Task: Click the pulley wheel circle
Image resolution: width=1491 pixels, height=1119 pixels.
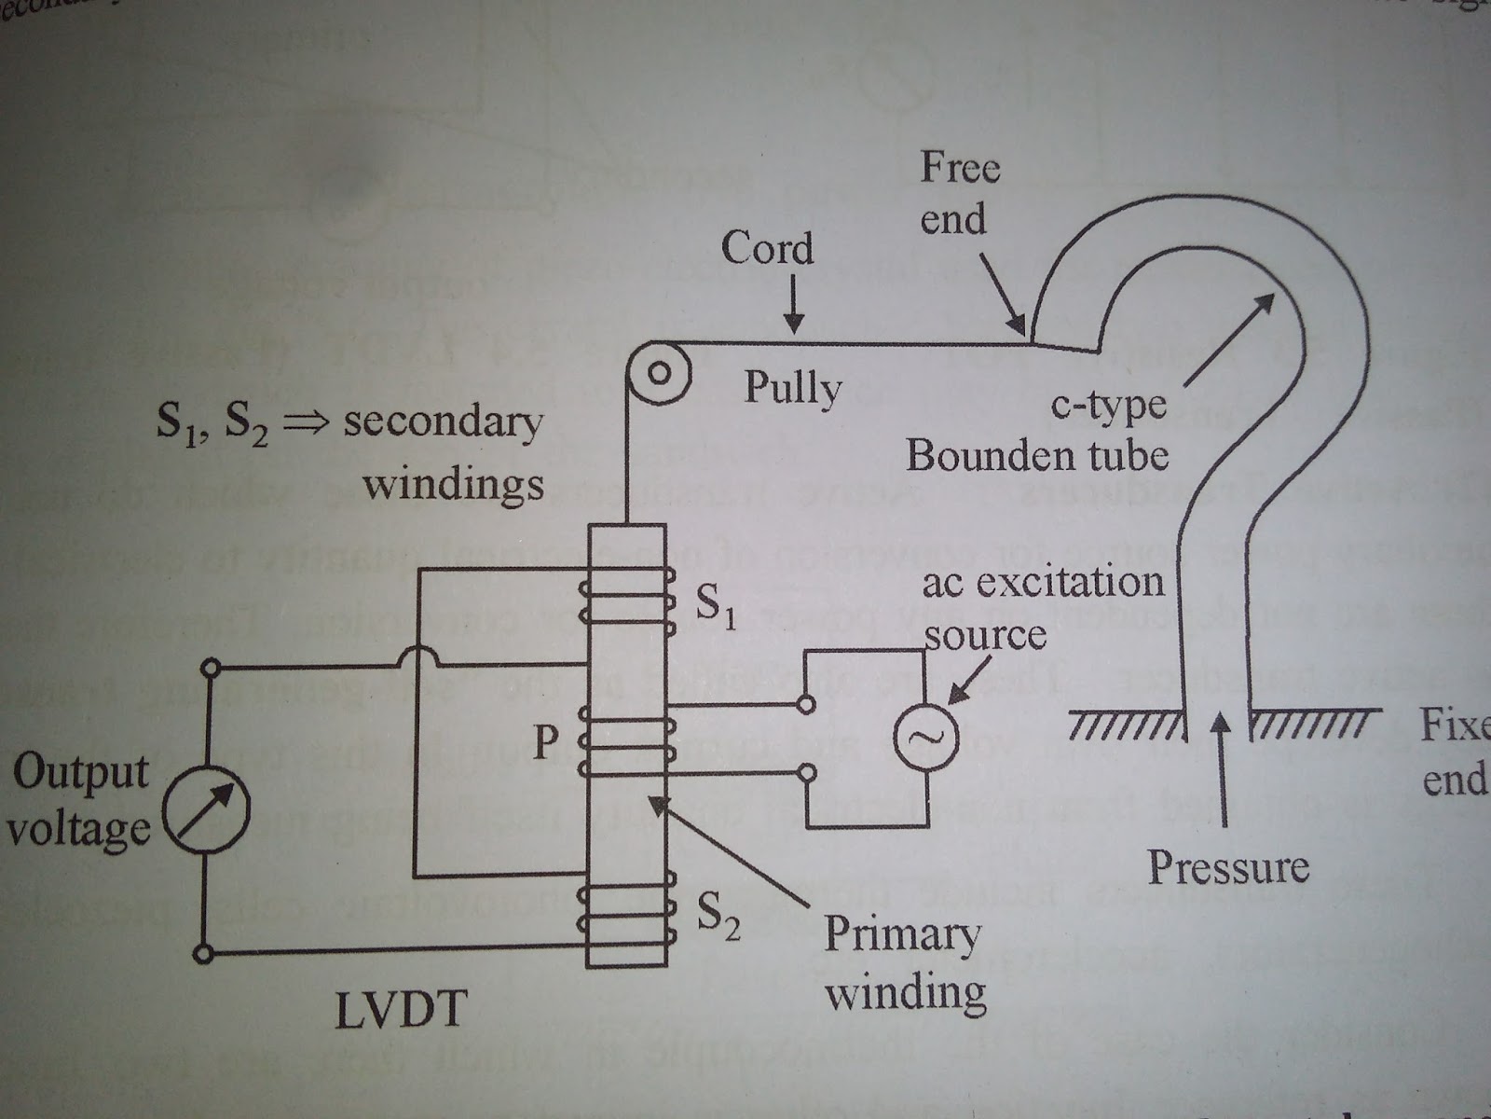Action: tap(659, 374)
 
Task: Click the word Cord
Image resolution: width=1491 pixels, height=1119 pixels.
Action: tap(767, 249)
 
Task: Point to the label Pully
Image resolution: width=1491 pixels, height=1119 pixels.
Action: tap(792, 388)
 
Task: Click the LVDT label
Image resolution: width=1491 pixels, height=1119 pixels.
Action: tap(401, 1011)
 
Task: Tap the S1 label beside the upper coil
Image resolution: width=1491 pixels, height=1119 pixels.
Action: tap(716, 607)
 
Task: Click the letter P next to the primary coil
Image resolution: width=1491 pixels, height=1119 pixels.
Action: tap(545, 742)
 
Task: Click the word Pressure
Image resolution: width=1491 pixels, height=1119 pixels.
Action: tap(1227, 867)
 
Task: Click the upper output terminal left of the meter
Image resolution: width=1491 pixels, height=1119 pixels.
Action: tap(212, 667)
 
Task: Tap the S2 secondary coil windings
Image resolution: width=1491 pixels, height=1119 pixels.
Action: tap(626, 909)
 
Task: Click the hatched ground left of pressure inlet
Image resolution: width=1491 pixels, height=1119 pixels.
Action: tap(1125, 724)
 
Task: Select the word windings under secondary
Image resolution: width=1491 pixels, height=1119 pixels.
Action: tap(454, 484)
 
